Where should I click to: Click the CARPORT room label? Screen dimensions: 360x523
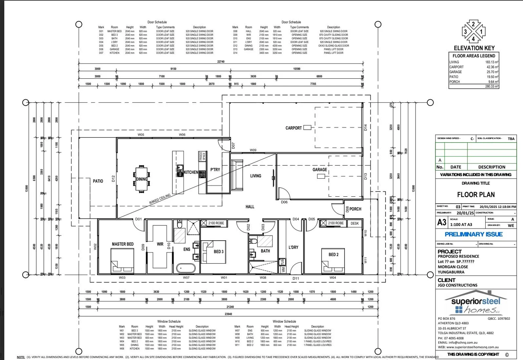point(293,128)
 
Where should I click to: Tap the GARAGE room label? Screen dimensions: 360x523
point(320,170)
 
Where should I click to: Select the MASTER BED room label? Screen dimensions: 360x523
point(122,244)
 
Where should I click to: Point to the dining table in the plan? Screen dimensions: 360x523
point(141,179)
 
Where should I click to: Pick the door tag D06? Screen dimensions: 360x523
point(284,202)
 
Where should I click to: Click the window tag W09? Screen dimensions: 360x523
point(253,150)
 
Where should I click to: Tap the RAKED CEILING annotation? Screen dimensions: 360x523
point(160,199)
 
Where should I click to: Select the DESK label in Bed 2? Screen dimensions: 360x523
point(355,223)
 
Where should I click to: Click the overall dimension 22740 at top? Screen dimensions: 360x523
point(221,62)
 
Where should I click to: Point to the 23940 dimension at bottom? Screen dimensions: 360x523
point(228,314)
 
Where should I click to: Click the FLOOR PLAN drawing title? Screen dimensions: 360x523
point(476,195)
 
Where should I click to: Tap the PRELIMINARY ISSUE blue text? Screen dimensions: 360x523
point(473,234)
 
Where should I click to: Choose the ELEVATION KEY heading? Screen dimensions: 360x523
point(474,48)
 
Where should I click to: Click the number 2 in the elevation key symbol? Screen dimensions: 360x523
point(473,24)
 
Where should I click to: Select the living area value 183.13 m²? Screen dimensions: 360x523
point(492,62)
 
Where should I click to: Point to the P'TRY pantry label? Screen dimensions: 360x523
point(215,170)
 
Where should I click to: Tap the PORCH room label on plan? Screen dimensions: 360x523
point(355,209)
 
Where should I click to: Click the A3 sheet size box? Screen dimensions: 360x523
point(442,222)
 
